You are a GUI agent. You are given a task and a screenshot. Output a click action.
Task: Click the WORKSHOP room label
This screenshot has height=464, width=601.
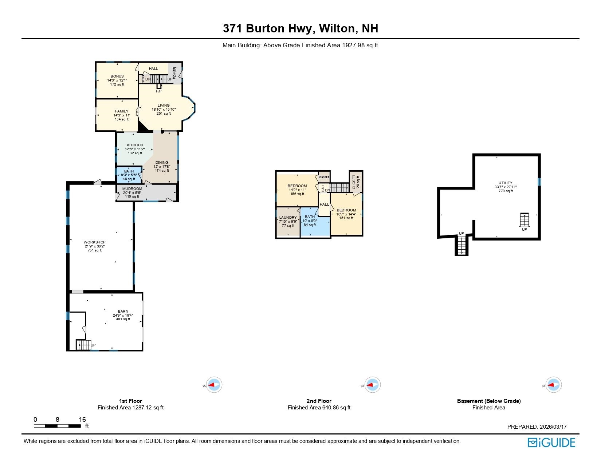coord(95,242)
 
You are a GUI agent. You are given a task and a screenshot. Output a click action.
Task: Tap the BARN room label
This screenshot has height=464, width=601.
coord(123,311)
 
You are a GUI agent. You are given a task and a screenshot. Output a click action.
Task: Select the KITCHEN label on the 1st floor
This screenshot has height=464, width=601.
coord(135,145)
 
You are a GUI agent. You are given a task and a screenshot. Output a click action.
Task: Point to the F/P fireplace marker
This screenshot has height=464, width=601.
coord(158,91)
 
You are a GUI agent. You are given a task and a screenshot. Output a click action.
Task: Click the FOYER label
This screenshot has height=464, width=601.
coord(175,73)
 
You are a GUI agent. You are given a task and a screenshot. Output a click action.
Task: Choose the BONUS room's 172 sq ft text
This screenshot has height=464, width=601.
coord(117,84)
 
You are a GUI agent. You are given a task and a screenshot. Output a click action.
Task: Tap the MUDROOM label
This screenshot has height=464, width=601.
coord(132,189)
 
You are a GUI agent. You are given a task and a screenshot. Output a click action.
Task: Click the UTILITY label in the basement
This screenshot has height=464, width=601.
coord(505,183)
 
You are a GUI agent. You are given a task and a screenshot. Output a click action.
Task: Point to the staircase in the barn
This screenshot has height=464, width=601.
coord(83,345)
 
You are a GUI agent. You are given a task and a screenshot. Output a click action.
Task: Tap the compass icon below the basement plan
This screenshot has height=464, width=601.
coord(553,385)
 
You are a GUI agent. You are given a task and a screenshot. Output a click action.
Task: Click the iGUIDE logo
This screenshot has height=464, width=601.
coord(551,442)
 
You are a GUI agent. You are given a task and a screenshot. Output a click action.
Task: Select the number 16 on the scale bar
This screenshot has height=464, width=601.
coord(82,419)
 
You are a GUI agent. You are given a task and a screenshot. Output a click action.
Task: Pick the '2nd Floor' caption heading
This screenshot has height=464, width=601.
coord(319,401)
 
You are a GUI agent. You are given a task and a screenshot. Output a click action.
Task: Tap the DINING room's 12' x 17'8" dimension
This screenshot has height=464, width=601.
coord(162,167)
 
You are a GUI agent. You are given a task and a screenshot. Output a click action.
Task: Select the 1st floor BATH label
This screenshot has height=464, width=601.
coord(129,171)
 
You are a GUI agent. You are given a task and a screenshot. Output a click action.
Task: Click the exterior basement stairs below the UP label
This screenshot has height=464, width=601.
coord(461,246)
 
